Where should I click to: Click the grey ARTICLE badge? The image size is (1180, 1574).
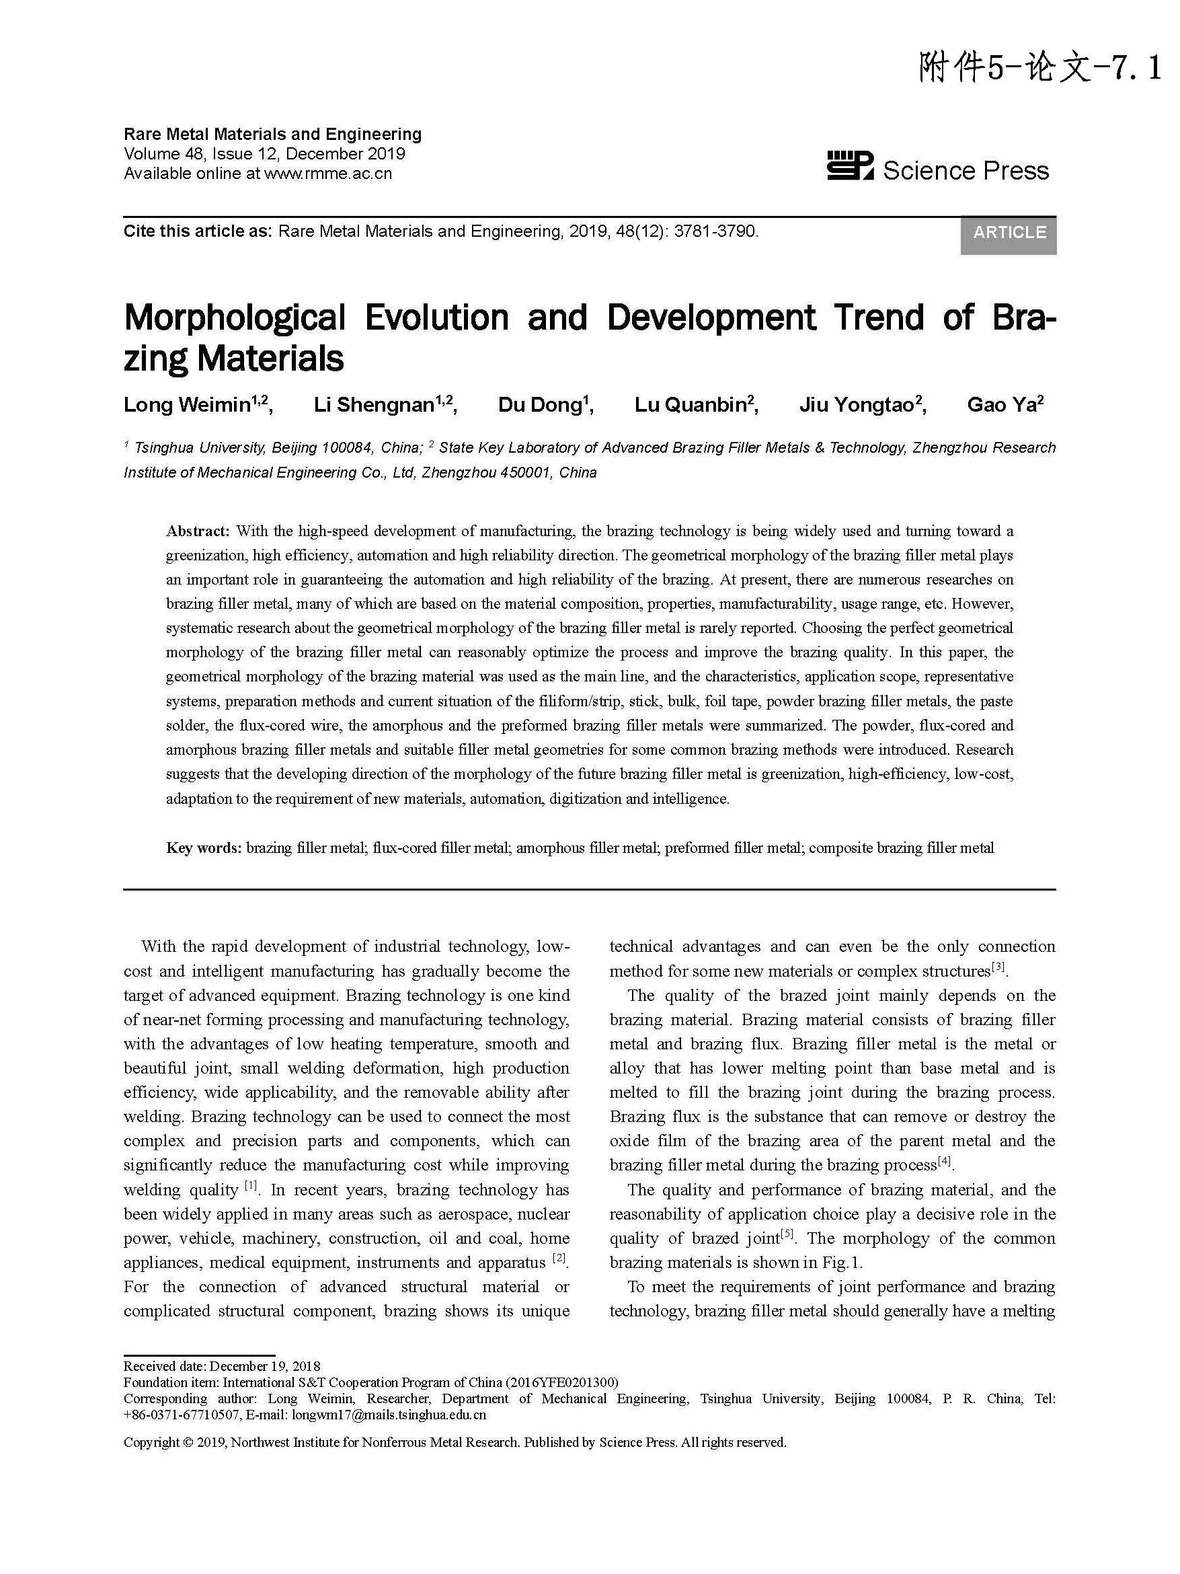[x=1009, y=233]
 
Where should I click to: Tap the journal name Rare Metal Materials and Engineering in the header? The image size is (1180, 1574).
[x=272, y=134]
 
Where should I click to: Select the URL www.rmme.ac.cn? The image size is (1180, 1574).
[x=328, y=174]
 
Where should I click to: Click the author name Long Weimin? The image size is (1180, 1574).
[x=186, y=405]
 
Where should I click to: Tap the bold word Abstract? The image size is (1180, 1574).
[x=198, y=531]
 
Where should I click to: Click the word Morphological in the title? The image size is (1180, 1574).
[x=235, y=317]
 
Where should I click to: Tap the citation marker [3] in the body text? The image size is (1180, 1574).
[x=998, y=968]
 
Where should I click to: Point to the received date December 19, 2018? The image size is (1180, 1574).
[x=265, y=1366]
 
